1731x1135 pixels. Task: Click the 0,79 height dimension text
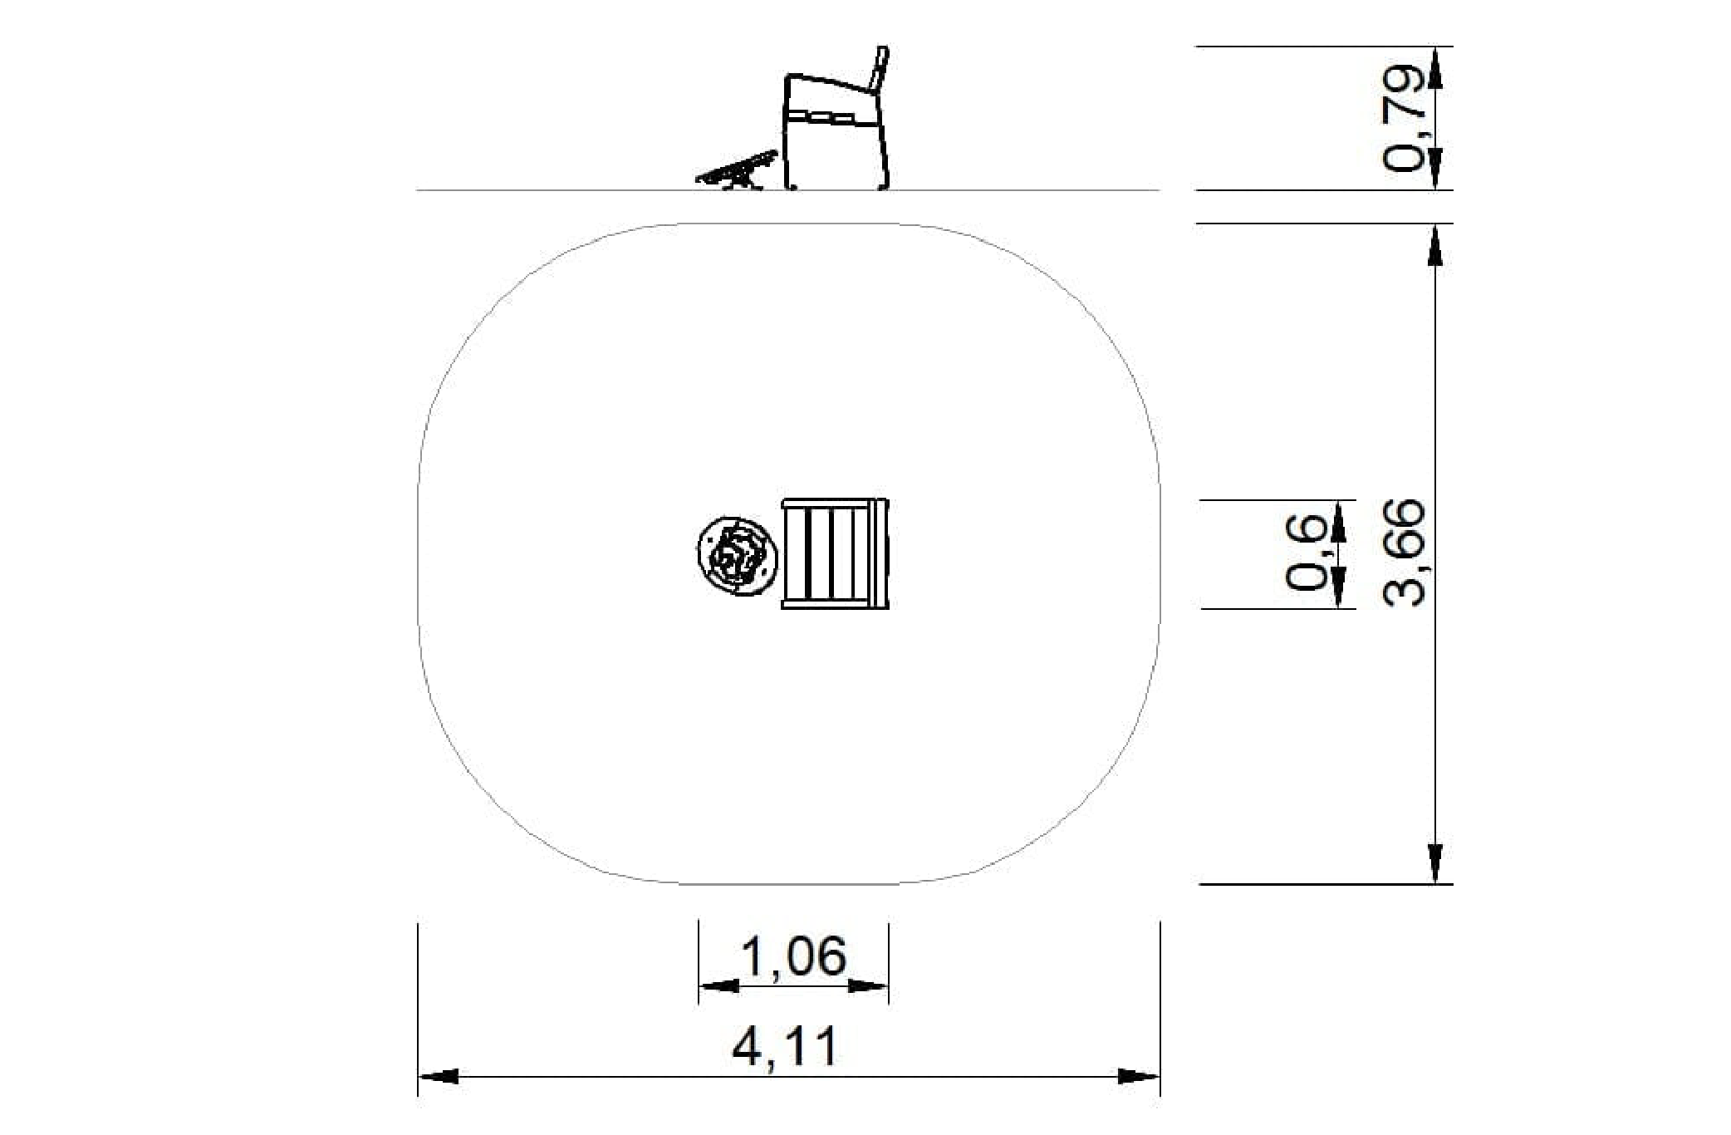pos(1403,117)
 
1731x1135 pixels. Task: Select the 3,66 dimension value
pos(1405,553)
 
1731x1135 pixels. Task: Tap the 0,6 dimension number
pos(1307,553)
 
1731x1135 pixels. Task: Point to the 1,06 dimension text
pos(793,956)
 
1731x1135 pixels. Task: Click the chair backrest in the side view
pos(879,69)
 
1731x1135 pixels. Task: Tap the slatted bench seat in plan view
pos(835,554)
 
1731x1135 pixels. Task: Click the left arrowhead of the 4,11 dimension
pos(438,1077)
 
